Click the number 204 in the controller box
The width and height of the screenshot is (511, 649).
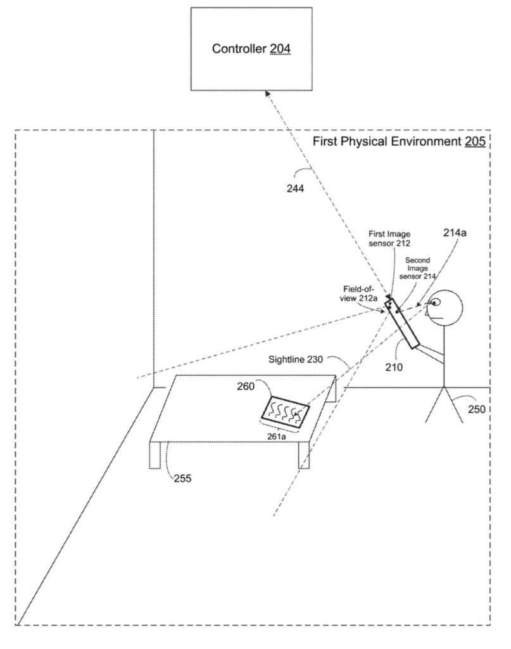[281, 49]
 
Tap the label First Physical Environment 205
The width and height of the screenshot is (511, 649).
[399, 141]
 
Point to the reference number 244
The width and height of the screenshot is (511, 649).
[294, 188]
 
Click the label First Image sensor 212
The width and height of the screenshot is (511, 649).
[389, 238]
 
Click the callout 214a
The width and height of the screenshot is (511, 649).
[455, 233]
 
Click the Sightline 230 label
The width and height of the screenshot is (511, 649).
[297, 359]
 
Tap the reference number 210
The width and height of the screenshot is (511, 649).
[393, 366]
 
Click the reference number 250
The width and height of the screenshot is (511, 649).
[477, 409]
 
